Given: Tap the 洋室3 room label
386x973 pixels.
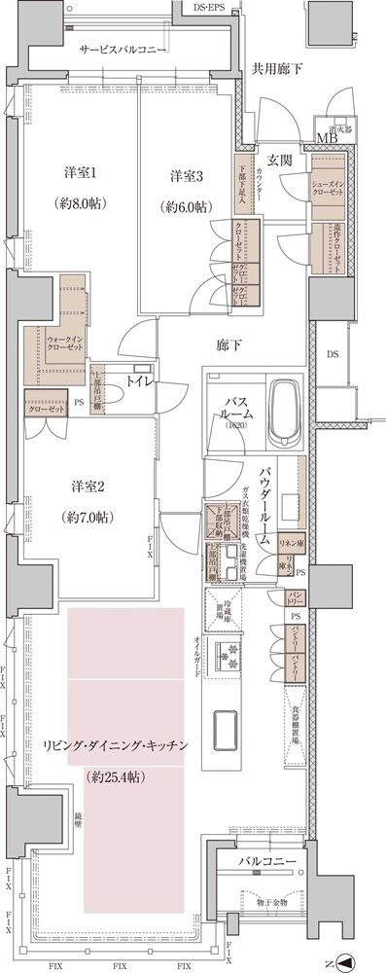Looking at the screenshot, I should [187, 176].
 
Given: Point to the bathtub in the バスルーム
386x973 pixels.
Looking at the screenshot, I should [284, 411].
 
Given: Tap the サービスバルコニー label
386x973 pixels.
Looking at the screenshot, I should [124, 50].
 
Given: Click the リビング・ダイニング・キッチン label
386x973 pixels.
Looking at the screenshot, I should [115, 745].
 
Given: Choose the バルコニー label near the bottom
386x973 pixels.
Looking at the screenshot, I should [262, 862].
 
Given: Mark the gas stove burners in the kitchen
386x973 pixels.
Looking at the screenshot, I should [228, 661].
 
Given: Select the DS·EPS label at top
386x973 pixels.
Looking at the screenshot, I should [211, 7].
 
